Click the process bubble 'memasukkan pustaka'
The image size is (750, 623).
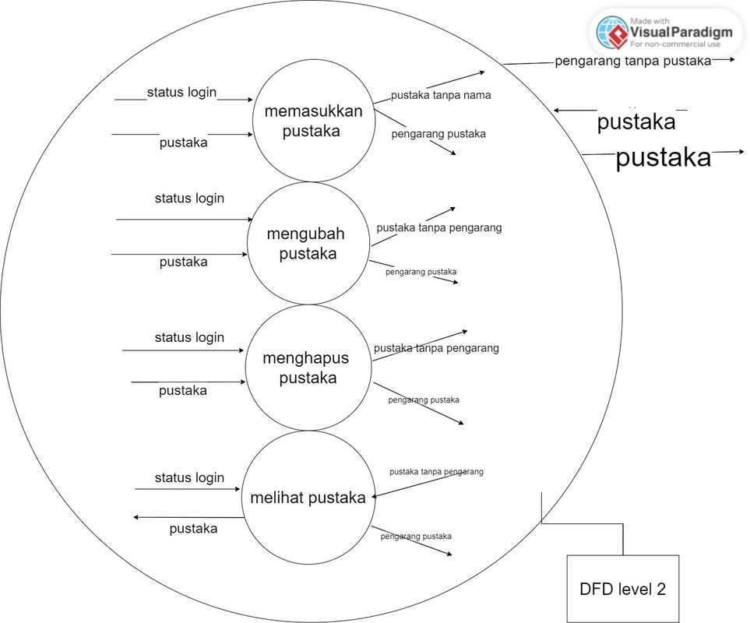tap(313, 121)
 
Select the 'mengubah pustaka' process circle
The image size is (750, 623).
tap(307, 243)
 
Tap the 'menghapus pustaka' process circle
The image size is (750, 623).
tap(305, 368)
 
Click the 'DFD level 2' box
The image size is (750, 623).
tap(622, 589)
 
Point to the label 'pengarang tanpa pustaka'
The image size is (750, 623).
tap(632, 61)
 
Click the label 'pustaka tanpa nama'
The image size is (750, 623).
tap(440, 96)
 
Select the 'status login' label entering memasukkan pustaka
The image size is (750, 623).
tap(181, 93)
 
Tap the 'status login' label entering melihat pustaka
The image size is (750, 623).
tap(189, 477)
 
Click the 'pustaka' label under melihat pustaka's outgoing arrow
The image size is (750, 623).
tap(193, 529)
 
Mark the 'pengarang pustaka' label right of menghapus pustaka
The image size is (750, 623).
tap(424, 399)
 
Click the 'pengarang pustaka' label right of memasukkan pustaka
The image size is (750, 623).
tap(438, 134)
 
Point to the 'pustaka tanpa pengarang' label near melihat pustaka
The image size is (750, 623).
tap(436, 471)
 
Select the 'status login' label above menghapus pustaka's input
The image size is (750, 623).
tap(189, 337)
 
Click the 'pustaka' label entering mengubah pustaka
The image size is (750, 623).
tap(184, 262)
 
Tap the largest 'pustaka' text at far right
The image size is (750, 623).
tap(664, 158)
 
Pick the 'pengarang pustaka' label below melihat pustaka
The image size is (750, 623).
tap(416, 536)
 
